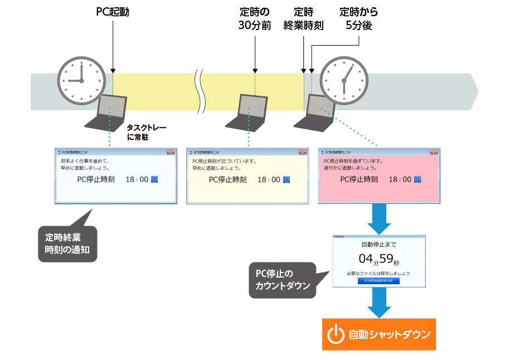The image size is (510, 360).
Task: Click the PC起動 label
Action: [112, 11]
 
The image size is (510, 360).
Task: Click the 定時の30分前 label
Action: [254, 19]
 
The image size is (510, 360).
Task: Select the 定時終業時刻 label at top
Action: [303, 19]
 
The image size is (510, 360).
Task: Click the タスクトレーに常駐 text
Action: [146, 132]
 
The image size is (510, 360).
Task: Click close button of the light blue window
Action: [171, 152]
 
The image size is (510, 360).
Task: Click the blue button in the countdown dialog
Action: [378, 281]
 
